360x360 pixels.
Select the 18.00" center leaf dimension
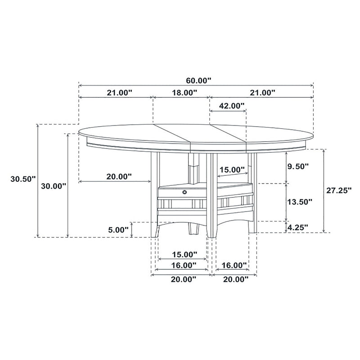click(x=184, y=93)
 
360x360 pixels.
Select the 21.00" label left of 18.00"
click(x=119, y=93)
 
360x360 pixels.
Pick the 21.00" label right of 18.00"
click(x=262, y=93)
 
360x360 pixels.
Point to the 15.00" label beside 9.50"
click(x=232, y=170)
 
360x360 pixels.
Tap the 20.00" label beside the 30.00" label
click(x=119, y=176)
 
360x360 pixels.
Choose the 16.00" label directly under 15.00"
click(x=184, y=265)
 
